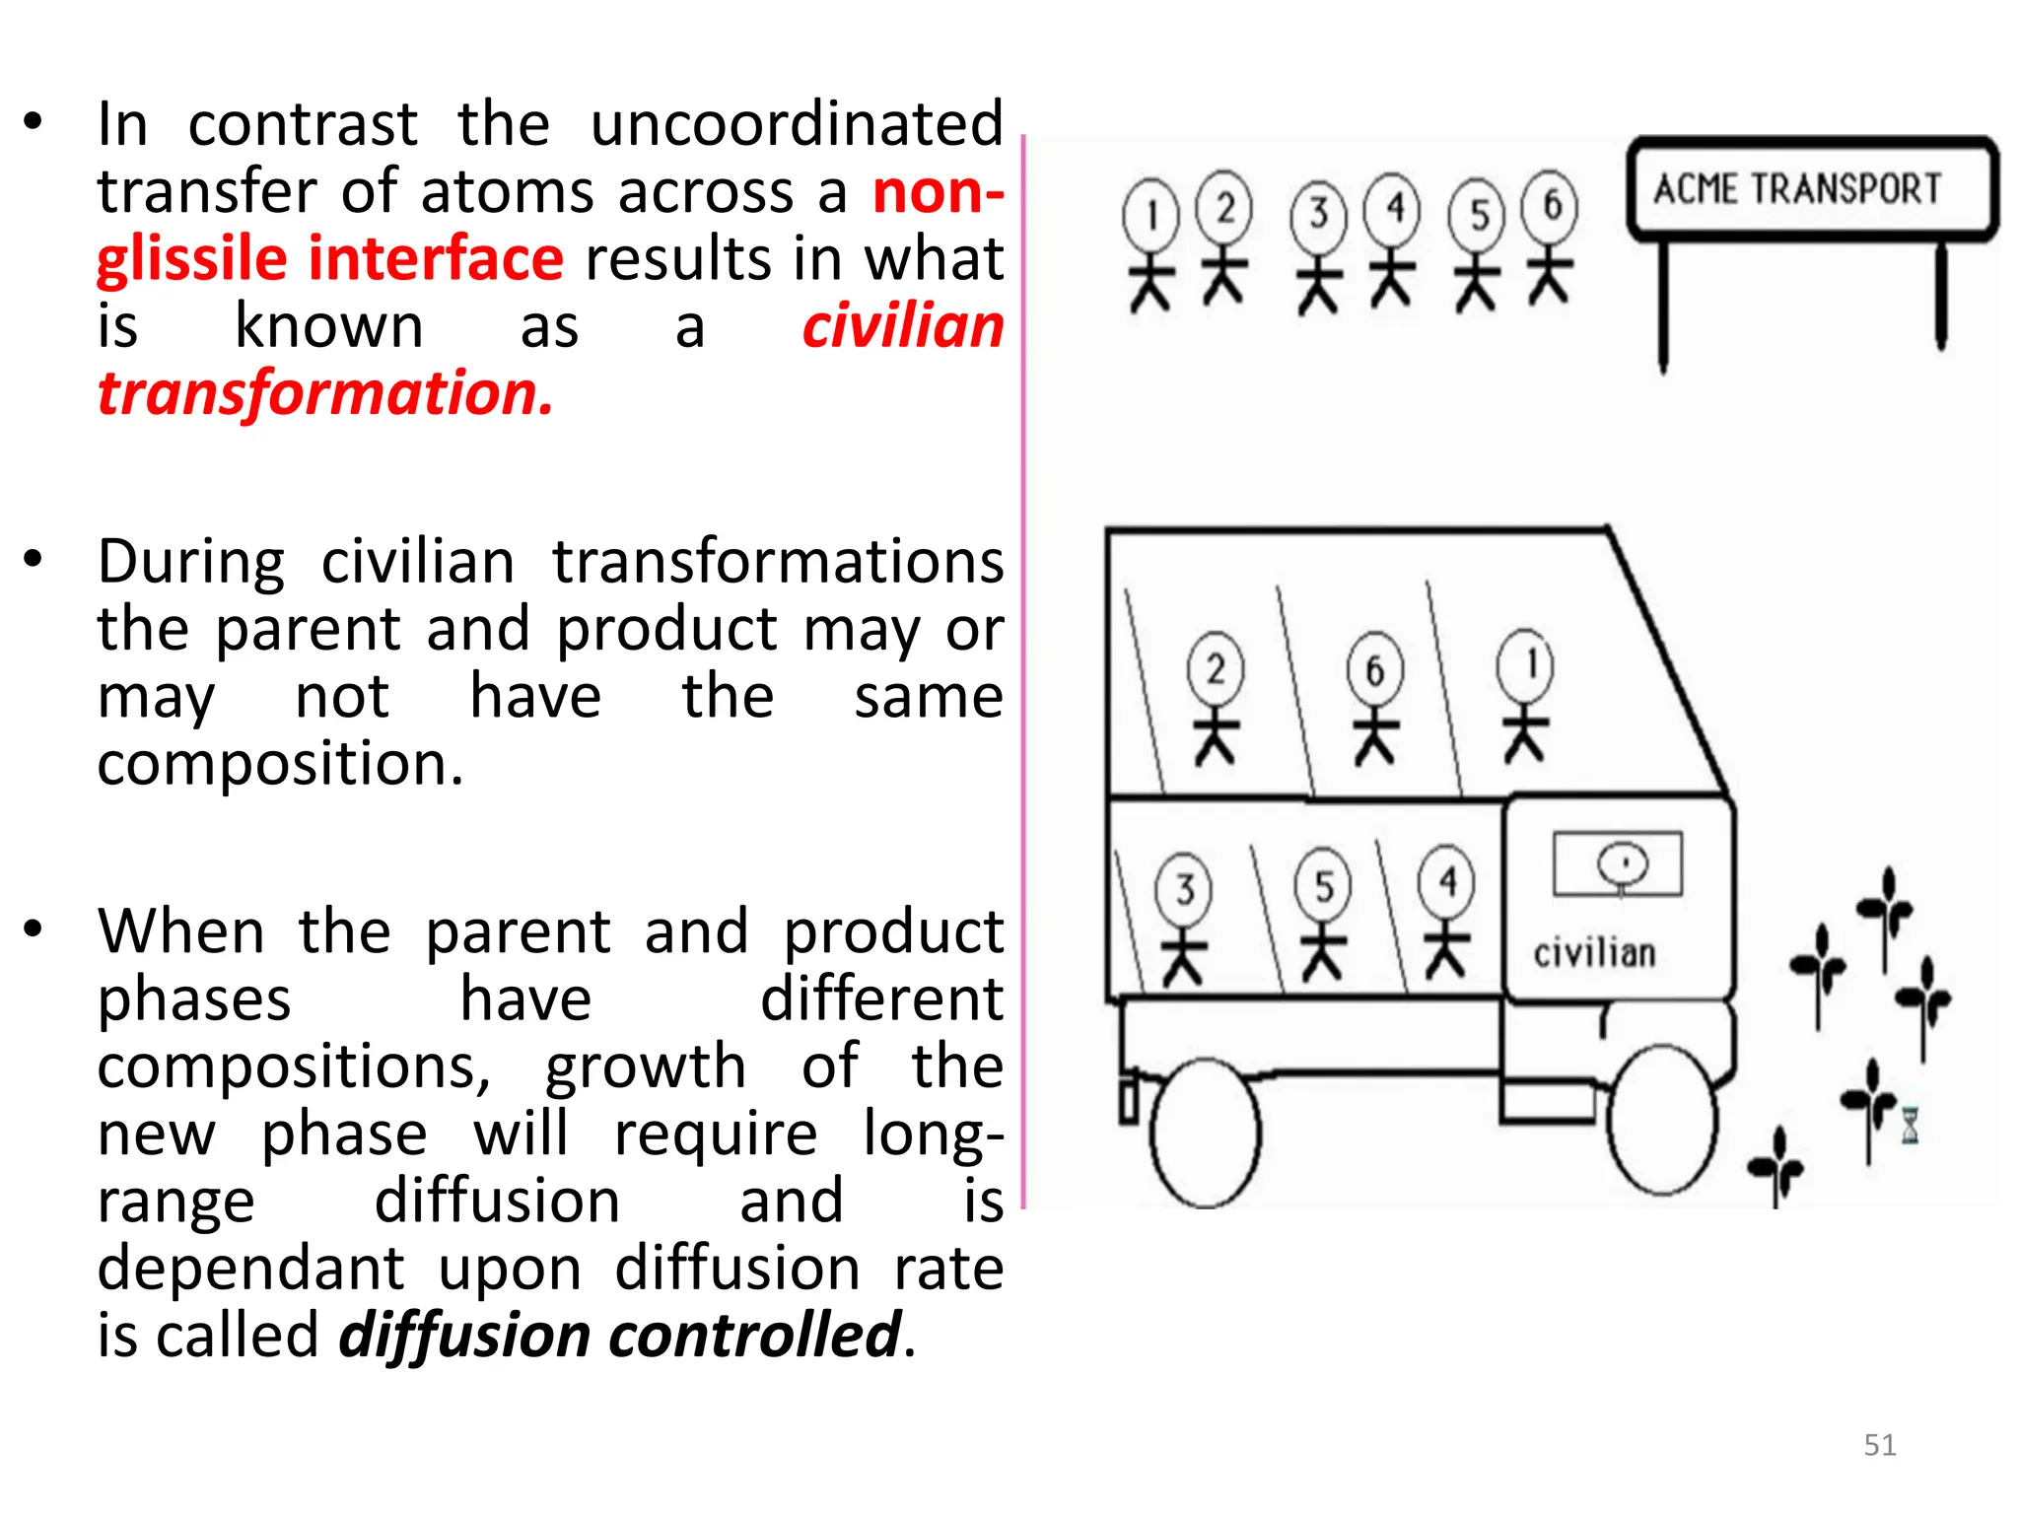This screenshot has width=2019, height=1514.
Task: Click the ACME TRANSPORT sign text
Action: (1796, 188)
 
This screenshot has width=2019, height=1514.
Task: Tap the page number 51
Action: (1880, 1445)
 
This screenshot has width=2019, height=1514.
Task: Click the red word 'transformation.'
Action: (325, 393)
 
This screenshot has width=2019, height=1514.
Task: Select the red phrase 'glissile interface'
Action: (330, 259)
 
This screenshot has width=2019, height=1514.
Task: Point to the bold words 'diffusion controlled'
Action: (620, 1336)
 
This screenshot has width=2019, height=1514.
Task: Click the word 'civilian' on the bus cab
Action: (1594, 953)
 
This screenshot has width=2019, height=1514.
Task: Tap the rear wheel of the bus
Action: (1205, 1133)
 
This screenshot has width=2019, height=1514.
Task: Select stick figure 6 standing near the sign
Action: (1550, 237)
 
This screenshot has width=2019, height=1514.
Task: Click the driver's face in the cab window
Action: (1622, 864)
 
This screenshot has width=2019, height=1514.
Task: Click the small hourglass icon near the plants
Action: (1910, 1124)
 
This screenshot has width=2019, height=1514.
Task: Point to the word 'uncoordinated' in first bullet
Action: (797, 124)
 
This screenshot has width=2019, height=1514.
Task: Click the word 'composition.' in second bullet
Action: (280, 764)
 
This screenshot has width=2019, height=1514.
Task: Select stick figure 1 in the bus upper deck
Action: (1525, 695)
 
